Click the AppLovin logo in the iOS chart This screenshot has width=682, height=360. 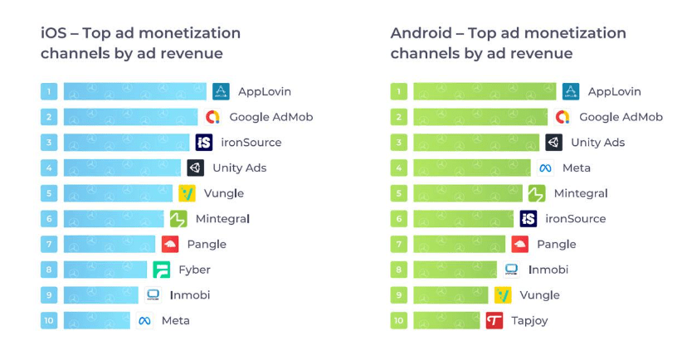point(221,91)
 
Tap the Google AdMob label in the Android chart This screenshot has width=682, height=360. point(621,117)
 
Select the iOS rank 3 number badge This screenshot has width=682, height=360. point(49,143)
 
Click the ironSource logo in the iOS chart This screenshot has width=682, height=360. point(204,143)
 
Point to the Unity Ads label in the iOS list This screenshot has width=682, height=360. point(239,168)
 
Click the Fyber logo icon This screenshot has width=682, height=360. point(162,270)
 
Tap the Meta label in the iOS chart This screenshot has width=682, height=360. point(175,320)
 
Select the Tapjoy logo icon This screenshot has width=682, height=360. point(494,320)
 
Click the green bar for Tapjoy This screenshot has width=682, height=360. point(446,320)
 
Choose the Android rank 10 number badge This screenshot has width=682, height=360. point(399,320)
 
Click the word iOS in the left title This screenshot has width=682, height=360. point(54,33)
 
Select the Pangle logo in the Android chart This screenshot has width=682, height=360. point(520,244)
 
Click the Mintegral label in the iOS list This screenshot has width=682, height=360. point(222,219)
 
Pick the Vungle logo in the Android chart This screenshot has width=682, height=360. point(503,294)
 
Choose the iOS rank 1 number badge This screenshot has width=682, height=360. point(49,91)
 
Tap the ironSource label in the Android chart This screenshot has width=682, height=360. point(575,219)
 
